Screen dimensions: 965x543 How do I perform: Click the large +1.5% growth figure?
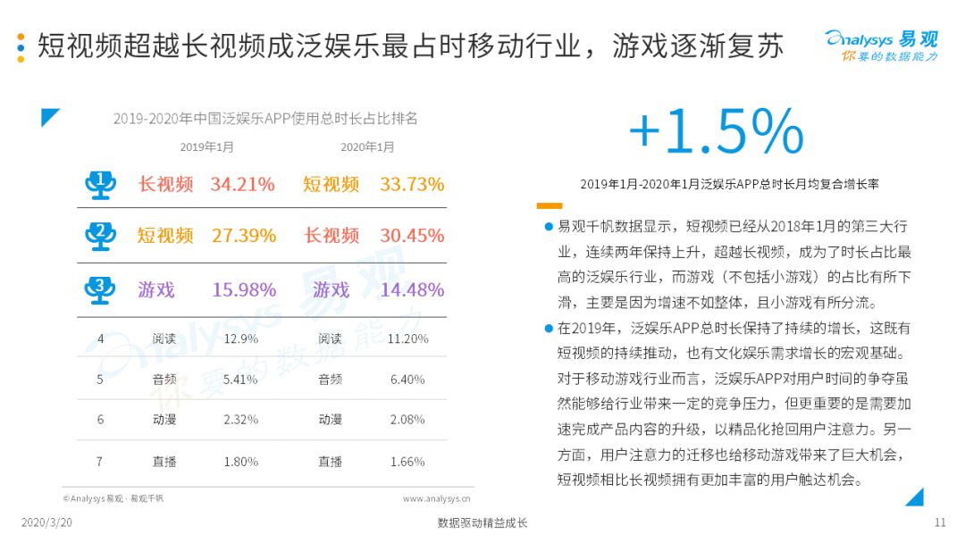[x=716, y=131]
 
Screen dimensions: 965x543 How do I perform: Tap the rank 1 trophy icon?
[x=100, y=185]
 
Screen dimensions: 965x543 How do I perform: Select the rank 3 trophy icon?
[x=100, y=290]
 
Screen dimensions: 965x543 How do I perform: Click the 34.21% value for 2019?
[x=242, y=184]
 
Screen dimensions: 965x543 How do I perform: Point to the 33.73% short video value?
[x=412, y=184]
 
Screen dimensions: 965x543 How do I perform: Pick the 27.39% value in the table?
[x=244, y=236]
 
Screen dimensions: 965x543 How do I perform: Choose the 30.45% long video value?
[x=412, y=236]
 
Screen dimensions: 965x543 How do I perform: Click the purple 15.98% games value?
[x=244, y=289]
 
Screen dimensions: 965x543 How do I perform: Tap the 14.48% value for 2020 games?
[x=412, y=289]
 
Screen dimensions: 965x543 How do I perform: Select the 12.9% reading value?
[x=240, y=338]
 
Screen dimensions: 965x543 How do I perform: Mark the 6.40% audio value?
[x=407, y=380]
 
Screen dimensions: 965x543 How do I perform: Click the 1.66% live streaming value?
[x=407, y=462]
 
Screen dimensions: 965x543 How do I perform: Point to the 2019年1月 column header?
[x=206, y=147]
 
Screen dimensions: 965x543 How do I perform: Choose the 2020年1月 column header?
[x=367, y=147]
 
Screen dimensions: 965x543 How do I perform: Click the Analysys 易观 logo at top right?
[x=882, y=46]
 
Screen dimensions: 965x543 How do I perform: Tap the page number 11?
[x=940, y=522]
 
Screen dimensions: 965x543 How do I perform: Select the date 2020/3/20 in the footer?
[x=46, y=522]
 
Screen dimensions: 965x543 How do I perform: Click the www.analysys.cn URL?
[x=436, y=498]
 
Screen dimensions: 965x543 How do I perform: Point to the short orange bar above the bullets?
[x=549, y=206]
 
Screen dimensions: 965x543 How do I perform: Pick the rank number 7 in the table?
[x=100, y=462]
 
